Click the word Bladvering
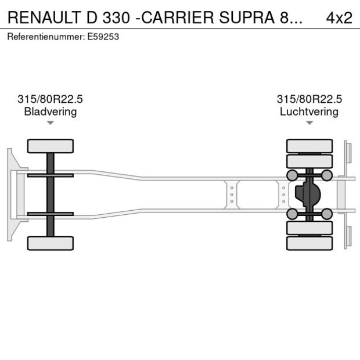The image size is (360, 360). click(x=51, y=111)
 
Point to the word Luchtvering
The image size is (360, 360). click(x=309, y=111)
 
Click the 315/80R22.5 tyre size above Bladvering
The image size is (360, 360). click(x=51, y=99)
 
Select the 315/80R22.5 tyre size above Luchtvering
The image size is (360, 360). click(x=309, y=99)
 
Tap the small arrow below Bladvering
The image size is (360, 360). click(x=51, y=123)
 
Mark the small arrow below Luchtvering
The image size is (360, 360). click(x=309, y=123)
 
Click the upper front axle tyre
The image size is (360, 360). click(x=51, y=146)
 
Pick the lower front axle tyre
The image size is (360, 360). click(x=51, y=243)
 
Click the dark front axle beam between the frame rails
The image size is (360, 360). click(x=51, y=194)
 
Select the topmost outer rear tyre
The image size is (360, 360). click(x=309, y=145)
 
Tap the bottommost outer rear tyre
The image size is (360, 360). click(x=309, y=243)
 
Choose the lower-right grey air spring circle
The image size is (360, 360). click(x=327, y=214)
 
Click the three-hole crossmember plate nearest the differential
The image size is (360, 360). click(x=283, y=195)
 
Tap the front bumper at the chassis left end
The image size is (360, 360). click(x=10, y=194)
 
